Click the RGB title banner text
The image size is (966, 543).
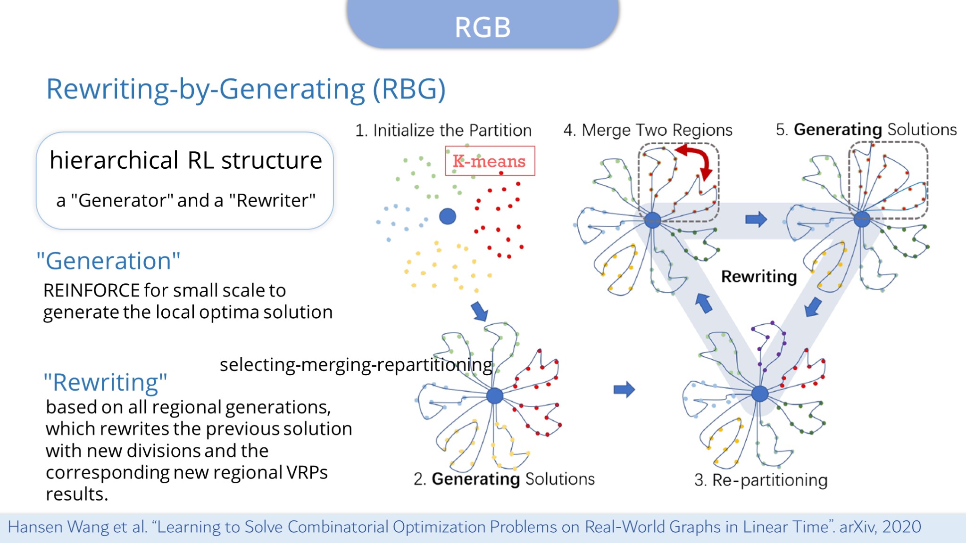[483, 27]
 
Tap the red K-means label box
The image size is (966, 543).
[490, 161]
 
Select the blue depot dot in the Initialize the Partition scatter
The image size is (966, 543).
[447, 216]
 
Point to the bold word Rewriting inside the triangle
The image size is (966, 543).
[759, 276]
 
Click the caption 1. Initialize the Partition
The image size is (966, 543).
[443, 130]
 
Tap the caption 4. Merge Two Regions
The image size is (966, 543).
[648, 130]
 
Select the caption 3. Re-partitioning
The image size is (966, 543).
[761, 480]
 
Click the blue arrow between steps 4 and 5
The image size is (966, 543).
[756, 219]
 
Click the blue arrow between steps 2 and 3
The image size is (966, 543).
[624, 389]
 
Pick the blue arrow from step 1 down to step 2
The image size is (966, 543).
[480, 311]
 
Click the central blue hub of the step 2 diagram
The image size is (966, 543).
[494, 395]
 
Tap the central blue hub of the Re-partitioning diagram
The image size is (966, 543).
[759, 393]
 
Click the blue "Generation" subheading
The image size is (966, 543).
[108, 261]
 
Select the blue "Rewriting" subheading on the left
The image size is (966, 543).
[105, 382]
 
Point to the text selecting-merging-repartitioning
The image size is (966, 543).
[356, 364]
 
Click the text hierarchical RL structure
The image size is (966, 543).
[186, 160]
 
